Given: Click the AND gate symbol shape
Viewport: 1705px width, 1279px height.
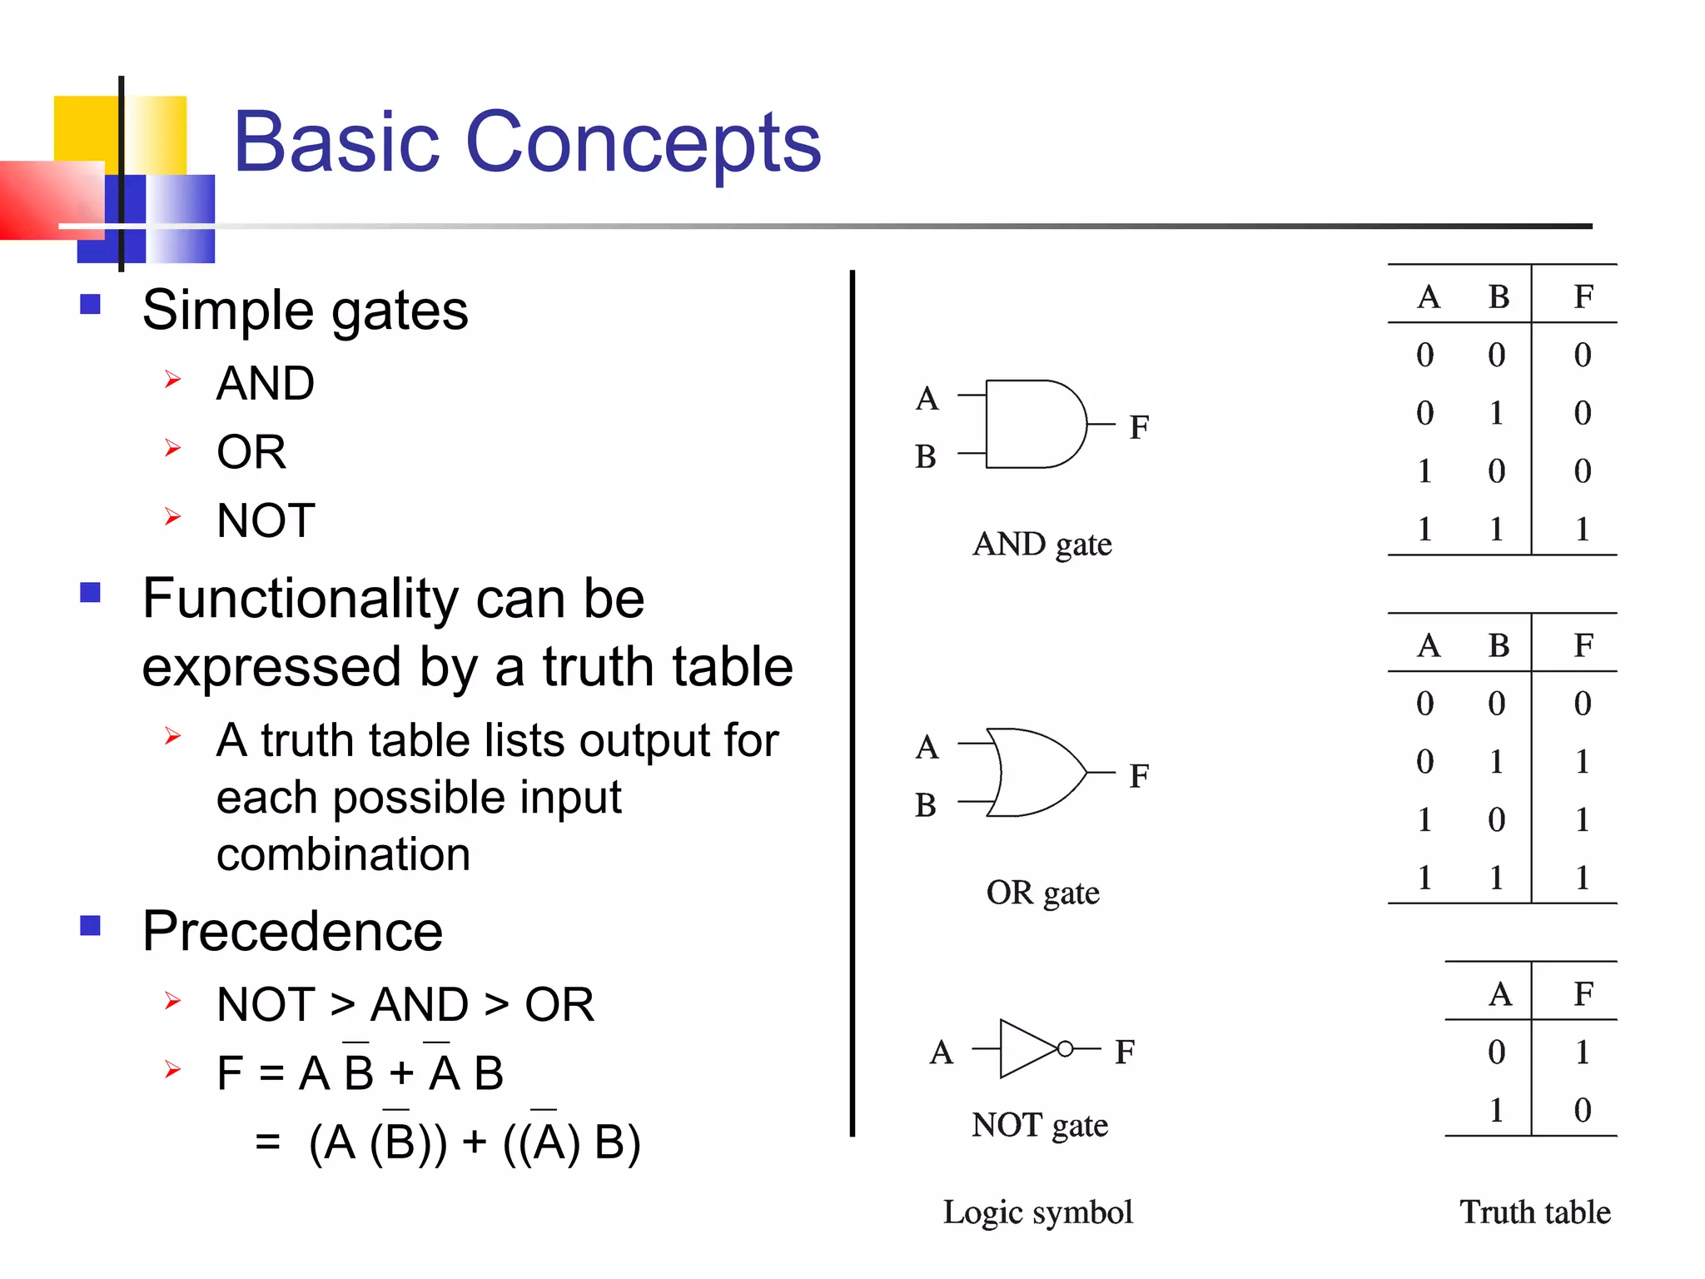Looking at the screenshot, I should (x=1032, y=425).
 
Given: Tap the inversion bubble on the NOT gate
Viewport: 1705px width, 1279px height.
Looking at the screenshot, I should (x=1065, y=1049).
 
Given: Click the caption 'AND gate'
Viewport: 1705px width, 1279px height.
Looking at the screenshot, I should (x=1041, y=545).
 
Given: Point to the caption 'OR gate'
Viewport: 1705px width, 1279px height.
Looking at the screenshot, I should (x=1042, y=893).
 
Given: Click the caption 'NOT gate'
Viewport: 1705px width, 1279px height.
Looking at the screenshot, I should (x=1039, y=1125).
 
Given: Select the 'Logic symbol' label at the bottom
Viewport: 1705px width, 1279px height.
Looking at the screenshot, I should (x=1037, y=1212).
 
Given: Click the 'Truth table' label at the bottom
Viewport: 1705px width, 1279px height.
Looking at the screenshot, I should (x=1534, y=1212).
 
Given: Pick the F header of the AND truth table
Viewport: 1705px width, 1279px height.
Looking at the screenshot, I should (x=1583, y=296).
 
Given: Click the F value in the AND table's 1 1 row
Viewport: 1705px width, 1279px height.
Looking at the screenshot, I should (x=1583, y=529).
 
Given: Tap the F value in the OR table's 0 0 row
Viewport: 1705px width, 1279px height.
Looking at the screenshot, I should (x=1583, y=704).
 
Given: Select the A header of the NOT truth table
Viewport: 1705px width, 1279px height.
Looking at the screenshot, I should (x=1500, y=993).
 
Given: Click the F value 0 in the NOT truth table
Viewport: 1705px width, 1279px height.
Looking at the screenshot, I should (x=1583, y=1110).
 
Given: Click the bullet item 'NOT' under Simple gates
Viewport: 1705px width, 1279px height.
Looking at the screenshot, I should (x=266, y=520).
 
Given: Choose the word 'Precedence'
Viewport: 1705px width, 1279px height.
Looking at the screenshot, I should (x=292, y=931).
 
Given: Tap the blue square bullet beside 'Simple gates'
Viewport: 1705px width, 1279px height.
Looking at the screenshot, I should (x=90, y=304).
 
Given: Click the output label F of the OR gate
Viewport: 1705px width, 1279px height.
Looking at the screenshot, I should (x=1139, y=776).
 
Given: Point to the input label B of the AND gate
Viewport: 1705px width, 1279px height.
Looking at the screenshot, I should (x=926, y=457).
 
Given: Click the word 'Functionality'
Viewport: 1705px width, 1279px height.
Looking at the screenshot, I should (x=300, y=598).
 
